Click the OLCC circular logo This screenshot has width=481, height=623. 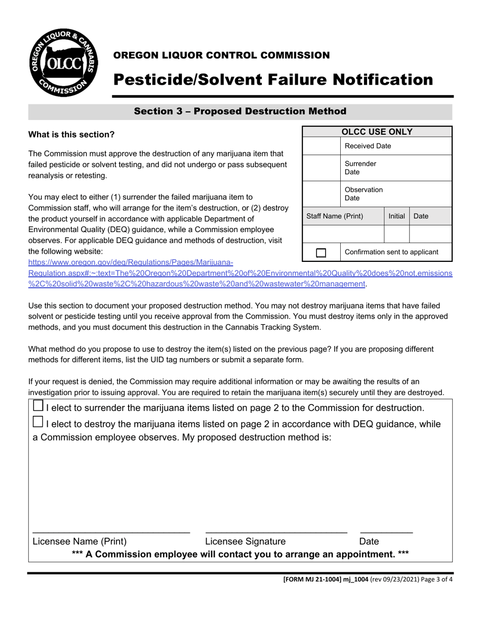(x=63, y=62)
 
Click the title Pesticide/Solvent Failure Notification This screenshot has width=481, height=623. (x=273, y=80)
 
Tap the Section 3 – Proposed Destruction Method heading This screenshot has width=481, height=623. (x=240, y=111)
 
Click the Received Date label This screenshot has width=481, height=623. (x=368, y=146)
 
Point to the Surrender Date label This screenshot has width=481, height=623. (x=360, y=168)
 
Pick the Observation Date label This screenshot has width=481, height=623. (x=364, y=193)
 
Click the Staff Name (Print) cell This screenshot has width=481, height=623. (x=335, y=216)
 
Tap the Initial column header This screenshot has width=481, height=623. (x=396, y=216)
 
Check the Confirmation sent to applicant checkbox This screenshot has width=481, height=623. (x=321, y=252)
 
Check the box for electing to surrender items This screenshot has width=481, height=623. (x=38, y=406)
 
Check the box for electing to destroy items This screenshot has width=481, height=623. (x=38, y=422)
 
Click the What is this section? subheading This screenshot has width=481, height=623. (x=71, y=135)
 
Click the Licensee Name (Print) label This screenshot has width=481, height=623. (x=79, y=541)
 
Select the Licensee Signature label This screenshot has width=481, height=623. (x=245, y=541)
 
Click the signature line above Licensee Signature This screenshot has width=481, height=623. (x=276, y=532)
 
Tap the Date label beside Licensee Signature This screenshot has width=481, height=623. (x=369, y=541)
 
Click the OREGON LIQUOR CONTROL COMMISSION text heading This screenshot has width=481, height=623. (x=221, y=55)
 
